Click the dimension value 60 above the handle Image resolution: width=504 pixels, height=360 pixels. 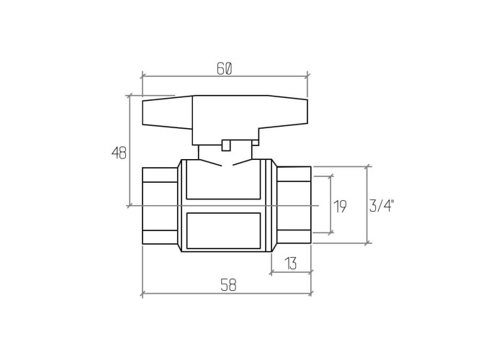(x=224, y=68)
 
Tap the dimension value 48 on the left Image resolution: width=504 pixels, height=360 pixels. (x=119, y=153)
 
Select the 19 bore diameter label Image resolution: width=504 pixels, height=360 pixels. (x=341, y=207)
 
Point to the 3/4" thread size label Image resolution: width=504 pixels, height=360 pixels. (x=382, y=206)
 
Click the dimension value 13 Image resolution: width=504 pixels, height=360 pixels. (x=291, y=264)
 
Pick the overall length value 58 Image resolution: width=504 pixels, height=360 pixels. (x=228, y=285)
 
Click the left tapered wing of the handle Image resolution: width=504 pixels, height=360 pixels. (x=168, y=112)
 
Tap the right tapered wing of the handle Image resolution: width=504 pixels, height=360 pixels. (x=284, y=112)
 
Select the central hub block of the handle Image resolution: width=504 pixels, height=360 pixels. (x=225, y=120)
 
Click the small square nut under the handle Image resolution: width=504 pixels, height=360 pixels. (x=226, y=145)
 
